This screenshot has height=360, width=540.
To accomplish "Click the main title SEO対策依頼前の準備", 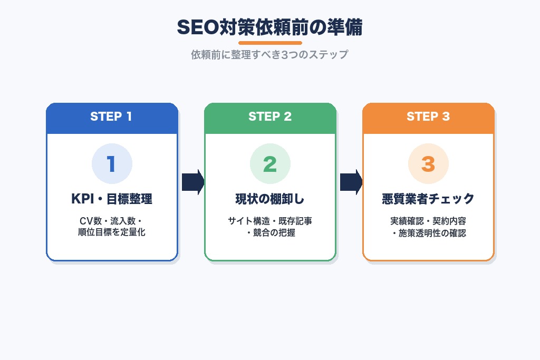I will click(269, 27).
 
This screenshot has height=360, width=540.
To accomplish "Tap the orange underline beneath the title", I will click(270, 43).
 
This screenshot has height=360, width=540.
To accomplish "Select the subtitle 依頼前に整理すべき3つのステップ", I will click(269, 55).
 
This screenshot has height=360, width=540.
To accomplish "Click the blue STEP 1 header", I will click(111, 117).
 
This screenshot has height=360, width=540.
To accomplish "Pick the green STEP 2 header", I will click(270, 117).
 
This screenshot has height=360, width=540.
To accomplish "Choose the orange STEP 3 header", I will click(428, 117).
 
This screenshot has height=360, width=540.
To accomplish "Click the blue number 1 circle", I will click(112, 164).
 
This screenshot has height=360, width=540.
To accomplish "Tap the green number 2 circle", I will click(270, 164).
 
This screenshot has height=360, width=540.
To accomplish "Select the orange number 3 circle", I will click(428, 164).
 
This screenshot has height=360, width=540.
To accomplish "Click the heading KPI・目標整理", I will click(112, 199).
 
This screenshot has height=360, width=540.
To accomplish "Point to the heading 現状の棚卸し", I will click(270, 199).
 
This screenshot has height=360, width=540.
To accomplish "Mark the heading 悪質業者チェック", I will click(428, 199).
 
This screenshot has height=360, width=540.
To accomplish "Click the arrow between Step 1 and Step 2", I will click(192, 182).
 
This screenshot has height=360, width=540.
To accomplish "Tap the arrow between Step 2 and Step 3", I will click(351, 182).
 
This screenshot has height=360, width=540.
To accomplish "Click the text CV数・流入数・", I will click(112, 221).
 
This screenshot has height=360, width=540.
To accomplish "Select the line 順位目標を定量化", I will click(112, 232).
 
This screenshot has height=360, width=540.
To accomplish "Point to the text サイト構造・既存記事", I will click(270, 221).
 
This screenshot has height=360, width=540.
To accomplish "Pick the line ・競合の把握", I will click(270, 232).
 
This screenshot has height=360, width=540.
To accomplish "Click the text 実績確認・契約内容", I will click(428, 221).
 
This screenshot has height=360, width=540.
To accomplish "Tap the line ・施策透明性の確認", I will click(428, 232).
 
